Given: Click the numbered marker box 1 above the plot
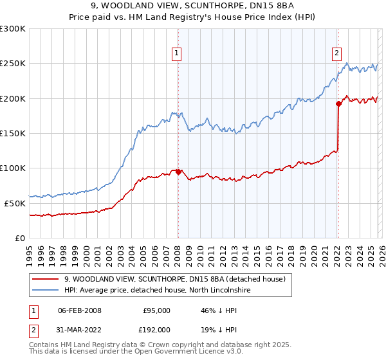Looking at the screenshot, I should coord(176,54).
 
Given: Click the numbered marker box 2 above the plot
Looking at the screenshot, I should coord(336,54).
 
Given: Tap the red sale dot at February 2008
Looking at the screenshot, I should coord(178,172).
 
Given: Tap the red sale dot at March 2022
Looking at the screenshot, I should coord(338,104).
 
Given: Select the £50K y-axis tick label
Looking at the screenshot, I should coord(15,203).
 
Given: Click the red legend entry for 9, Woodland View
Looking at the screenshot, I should coord(178,279).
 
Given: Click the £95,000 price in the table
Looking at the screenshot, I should coord(156,310).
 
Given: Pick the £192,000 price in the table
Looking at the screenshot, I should coord(154,331).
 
